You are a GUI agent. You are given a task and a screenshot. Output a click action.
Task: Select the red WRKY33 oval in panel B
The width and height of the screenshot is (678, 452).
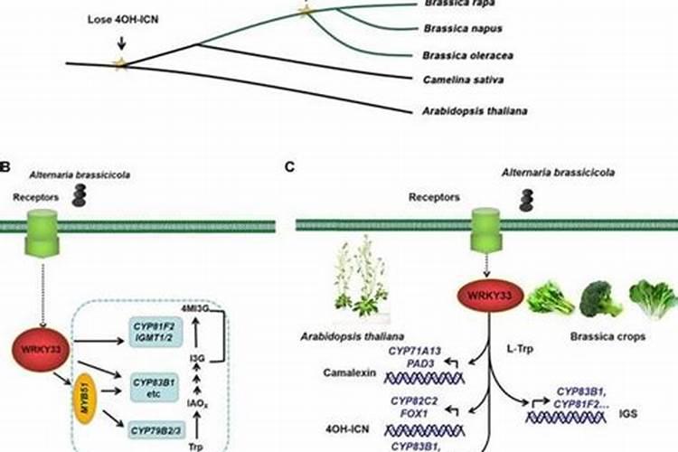[36, 347]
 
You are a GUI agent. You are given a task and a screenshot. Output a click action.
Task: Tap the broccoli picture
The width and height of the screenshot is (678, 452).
[598, 299]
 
